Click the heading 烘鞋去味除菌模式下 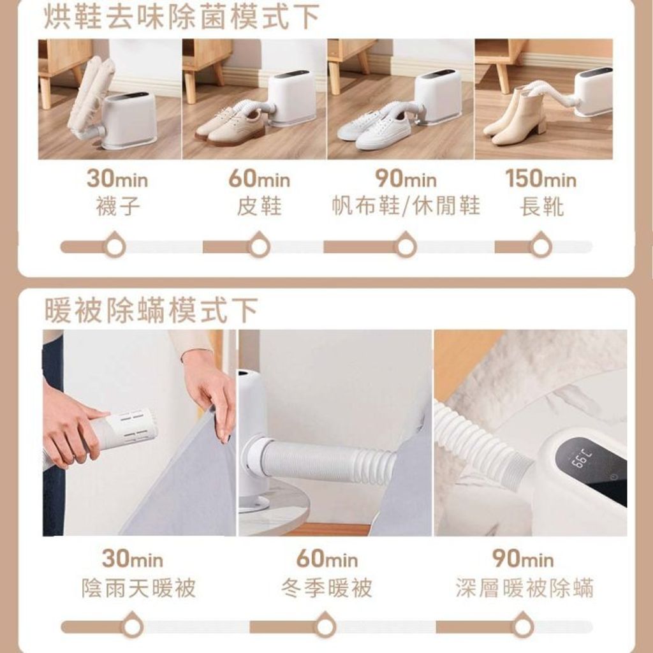coord(182,17)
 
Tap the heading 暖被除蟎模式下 coord(151,310)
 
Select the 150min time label coord(541,179)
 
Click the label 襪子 coord(118,206)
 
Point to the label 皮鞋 coord(259,206)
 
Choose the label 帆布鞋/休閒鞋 coord(406,206)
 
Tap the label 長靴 coord(542,206)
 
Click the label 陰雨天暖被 coord(138,588)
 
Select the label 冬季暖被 coord(326,588)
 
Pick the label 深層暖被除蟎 coord(524,588)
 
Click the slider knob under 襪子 coord(115,246)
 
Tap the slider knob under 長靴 coord(541,246)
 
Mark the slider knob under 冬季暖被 coord(325,626)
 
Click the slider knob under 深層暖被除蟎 coord(522,626)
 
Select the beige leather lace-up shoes coord(230,126)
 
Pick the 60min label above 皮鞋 coord(259,179)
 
